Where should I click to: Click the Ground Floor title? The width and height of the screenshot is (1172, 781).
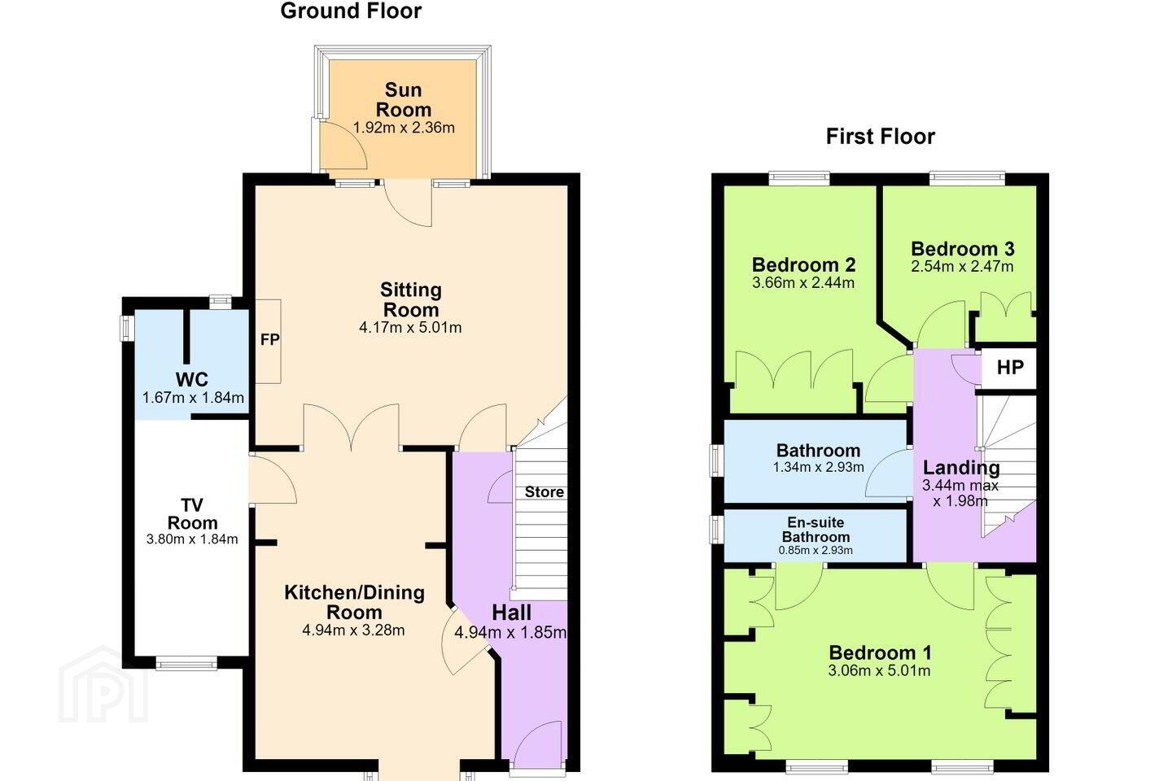tap(351, 11)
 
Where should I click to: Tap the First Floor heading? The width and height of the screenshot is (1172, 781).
tap(880, 137)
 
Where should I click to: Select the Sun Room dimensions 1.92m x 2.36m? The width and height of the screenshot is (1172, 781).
tap(404, 128)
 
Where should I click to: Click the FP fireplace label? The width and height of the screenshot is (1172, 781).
tap(270, 340)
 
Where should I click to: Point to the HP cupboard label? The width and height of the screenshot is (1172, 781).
tap(1010, 367)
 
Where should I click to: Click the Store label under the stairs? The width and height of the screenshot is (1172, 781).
tap(544, 491)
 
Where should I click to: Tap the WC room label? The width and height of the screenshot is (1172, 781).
tap(192, 379)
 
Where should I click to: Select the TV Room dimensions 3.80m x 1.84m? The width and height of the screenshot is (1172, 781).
tap(192, 539)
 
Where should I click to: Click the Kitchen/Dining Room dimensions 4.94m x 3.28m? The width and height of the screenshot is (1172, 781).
tap(353, 630)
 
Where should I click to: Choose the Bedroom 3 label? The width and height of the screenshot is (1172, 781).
tap(963, 248)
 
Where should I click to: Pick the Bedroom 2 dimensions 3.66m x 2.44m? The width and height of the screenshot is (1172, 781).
tap(803, 283)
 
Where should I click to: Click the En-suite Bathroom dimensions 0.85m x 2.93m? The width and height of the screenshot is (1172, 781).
tap(816, 550)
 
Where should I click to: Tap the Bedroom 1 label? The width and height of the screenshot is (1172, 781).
tap(880, 652)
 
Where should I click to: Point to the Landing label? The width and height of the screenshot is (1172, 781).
tap(962, 468)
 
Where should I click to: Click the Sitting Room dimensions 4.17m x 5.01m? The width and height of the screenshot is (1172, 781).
tap(410, 328)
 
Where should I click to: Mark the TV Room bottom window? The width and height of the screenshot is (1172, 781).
tap(186, 664)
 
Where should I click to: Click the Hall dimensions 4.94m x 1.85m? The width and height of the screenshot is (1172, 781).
tap(510, 633)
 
